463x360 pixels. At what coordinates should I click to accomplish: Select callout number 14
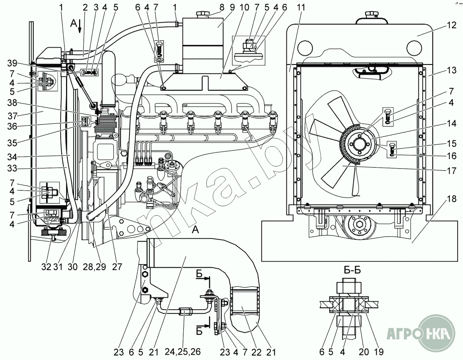tap(451, 124)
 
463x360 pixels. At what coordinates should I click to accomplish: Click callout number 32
tap(46, 267)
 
